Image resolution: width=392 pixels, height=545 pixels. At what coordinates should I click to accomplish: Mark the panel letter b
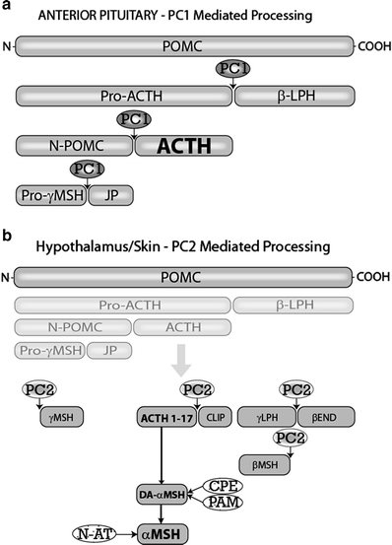[8, 236]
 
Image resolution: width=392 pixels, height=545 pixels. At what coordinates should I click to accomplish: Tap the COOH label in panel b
[371, 277]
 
